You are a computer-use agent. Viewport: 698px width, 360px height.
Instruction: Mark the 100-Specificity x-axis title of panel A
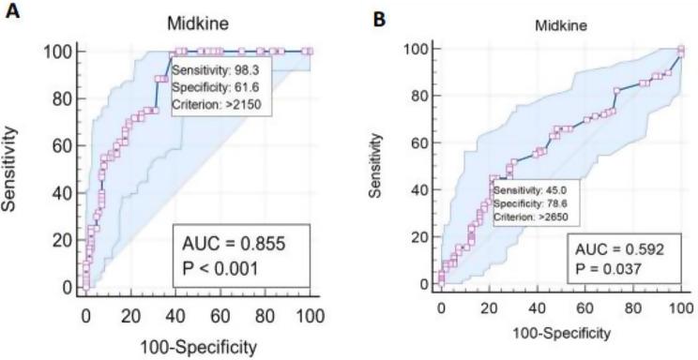tap(199, 346)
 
